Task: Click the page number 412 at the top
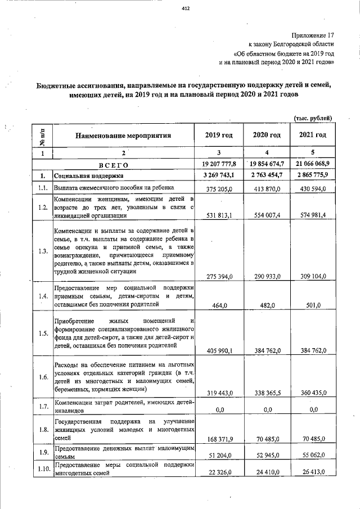[185, 8]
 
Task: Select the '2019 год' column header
[219, 135]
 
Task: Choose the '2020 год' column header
[267, 135]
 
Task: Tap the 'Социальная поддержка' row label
[84, 176]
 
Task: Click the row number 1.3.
[42, 251]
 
